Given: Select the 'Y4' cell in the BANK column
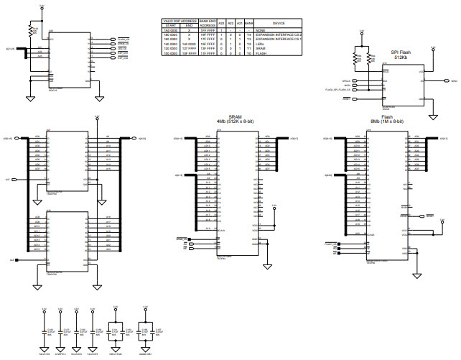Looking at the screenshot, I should click(x=248, y=34).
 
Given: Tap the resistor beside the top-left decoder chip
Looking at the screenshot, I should click(x=30, y=30).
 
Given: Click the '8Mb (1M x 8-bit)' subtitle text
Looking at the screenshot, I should click(x=388, y=121).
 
